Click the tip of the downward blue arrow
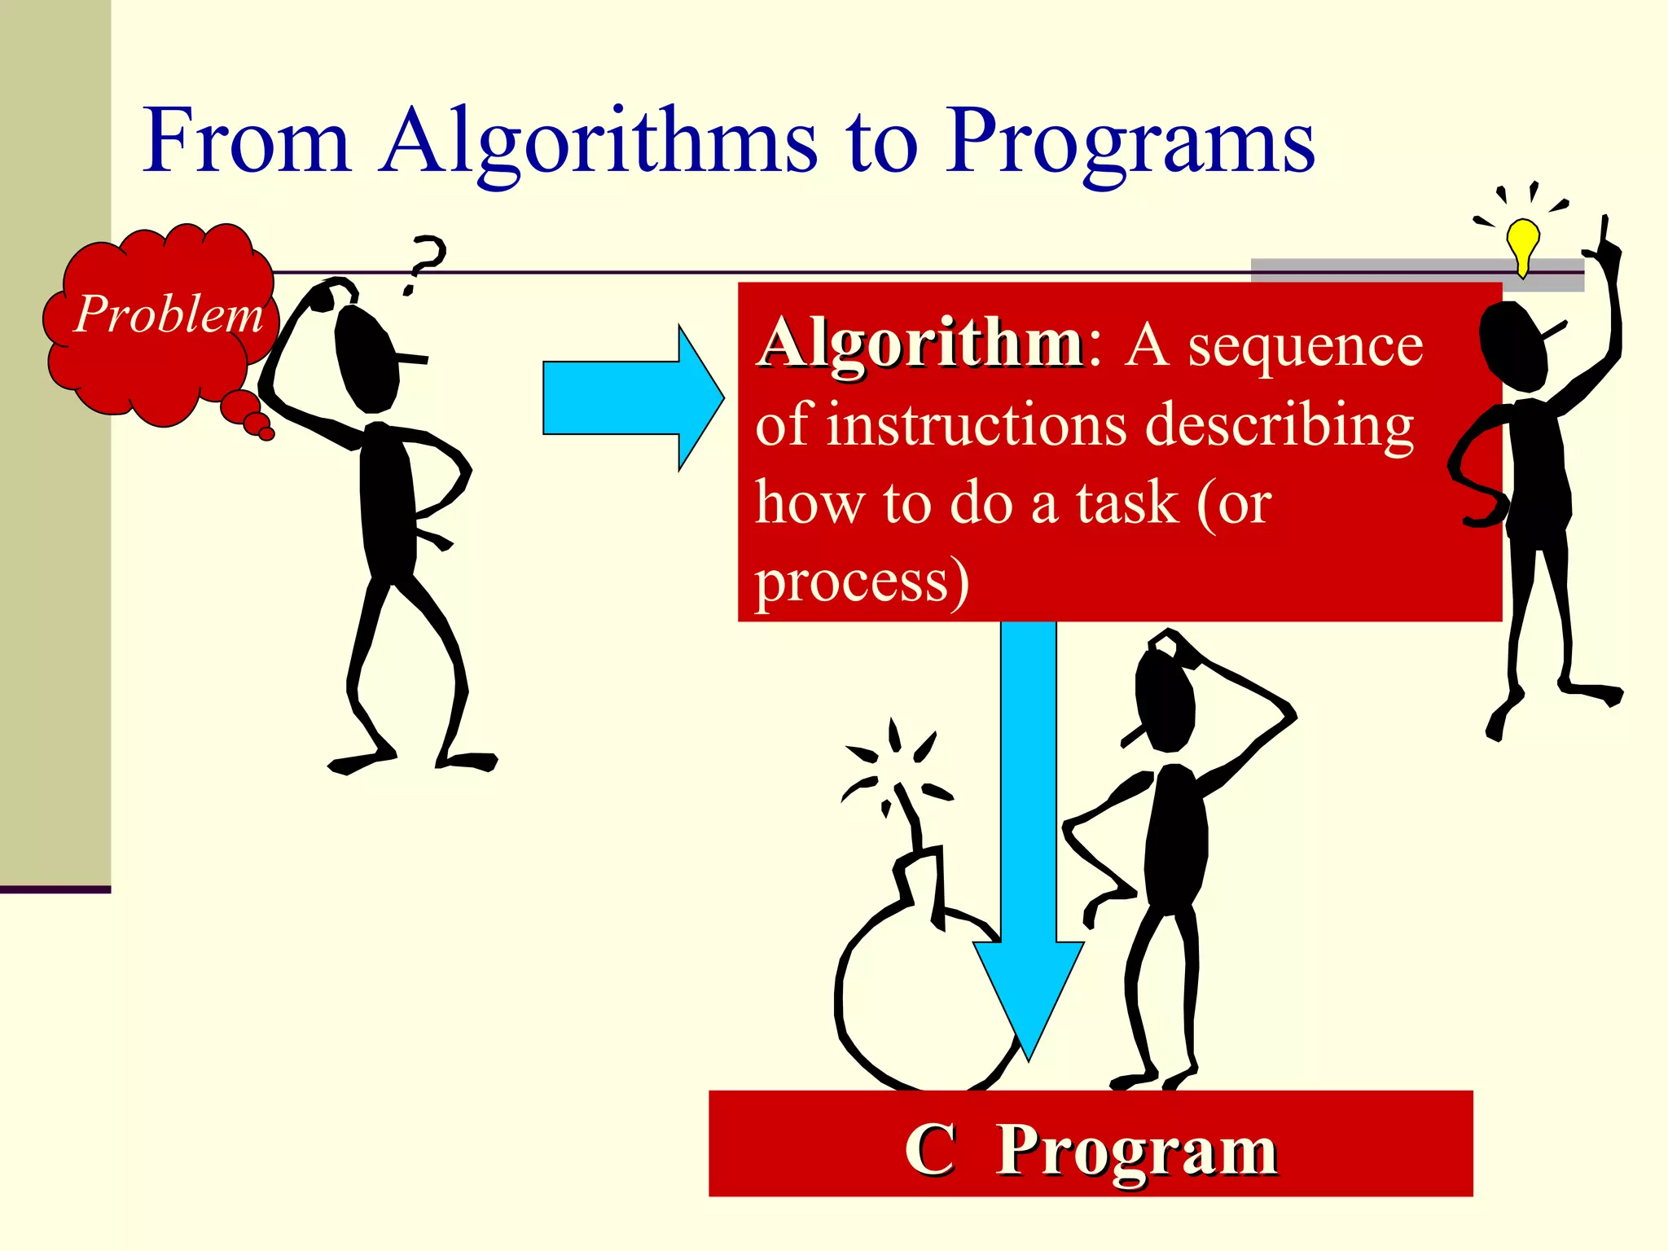pos(1029,1055)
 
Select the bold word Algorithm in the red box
pos(920,344)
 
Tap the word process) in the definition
pos(862,583)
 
